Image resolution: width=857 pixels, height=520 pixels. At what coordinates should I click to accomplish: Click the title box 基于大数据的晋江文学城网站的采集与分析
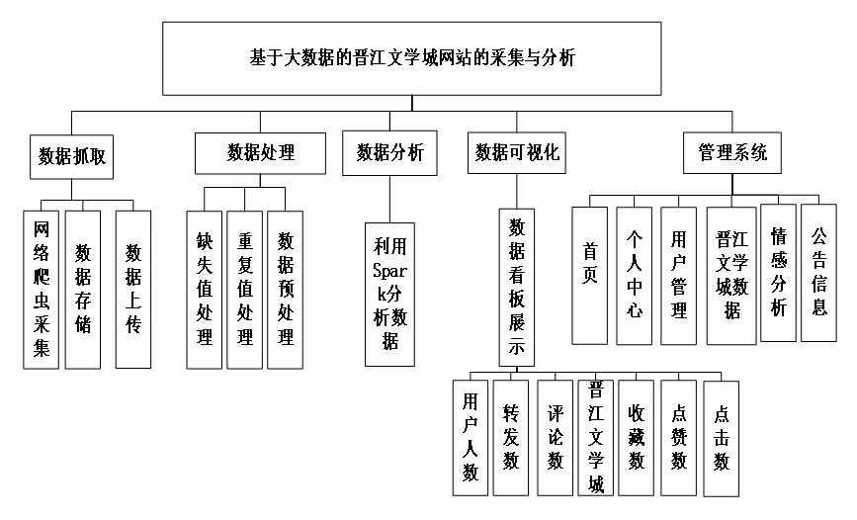tap(411, 58)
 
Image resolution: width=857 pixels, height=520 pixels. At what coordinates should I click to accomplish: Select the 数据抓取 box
tap(71, 156)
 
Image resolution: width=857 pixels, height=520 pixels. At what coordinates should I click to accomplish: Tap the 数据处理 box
tap(261, 153)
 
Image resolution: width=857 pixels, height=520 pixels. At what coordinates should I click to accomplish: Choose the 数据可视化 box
tap(517, 152)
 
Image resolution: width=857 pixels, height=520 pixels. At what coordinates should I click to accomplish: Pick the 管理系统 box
tap(731, 152)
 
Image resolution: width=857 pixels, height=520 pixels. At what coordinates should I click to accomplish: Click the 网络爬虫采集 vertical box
tap(41, 290)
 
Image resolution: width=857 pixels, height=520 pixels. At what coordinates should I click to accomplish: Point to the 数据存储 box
tap(83, 290)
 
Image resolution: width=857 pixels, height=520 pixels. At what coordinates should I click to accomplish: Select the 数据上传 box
tap(132, 290)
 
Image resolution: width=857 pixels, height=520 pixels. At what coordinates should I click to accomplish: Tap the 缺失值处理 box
tap(205, 290)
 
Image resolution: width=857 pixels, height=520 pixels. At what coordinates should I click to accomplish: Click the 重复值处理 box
tap(245, 290)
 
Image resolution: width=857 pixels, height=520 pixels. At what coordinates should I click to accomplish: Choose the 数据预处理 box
tap(285, 290)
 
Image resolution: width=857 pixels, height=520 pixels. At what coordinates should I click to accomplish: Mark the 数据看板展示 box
tap(516, 287)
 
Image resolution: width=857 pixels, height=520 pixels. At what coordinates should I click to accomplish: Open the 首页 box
tap(590, 275)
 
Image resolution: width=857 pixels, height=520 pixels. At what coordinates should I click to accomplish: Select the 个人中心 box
tap(635, 275)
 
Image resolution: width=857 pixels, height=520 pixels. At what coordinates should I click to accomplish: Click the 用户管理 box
tap(678, 275)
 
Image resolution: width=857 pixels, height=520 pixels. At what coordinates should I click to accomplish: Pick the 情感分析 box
tap(778, 273)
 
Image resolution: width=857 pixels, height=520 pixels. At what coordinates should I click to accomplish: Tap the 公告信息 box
tap(818, 273)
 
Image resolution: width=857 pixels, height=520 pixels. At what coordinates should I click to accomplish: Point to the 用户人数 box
tap(471, 436)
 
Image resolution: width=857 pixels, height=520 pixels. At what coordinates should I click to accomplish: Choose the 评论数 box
tap(555, 436)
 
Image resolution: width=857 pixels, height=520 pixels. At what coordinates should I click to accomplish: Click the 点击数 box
tap(722, 436)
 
